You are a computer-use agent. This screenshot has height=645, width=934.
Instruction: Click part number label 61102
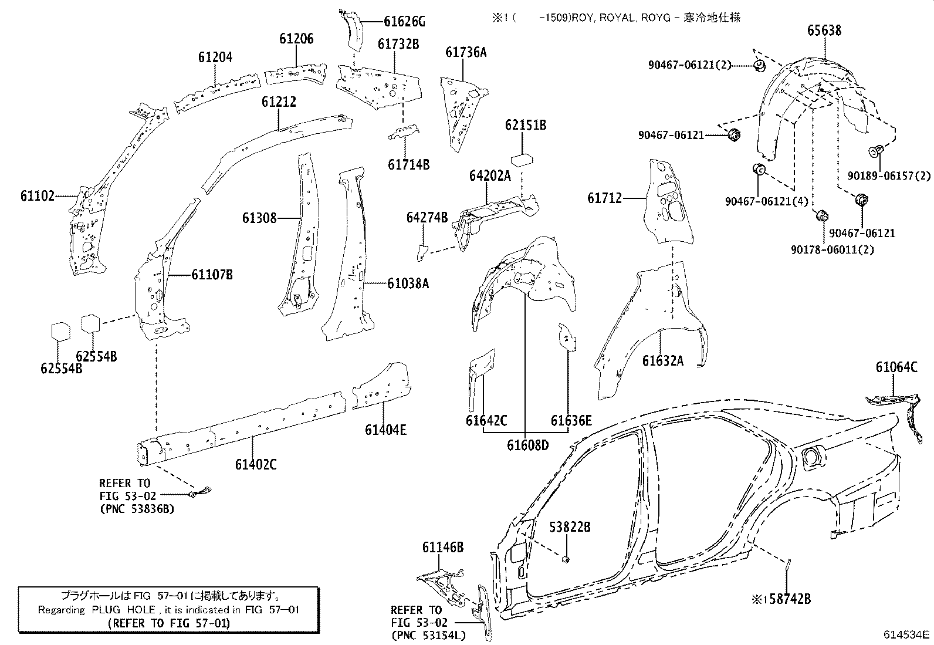click(x=37, y=197)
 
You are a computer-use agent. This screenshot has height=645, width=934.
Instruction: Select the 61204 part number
click(x=215, y=58)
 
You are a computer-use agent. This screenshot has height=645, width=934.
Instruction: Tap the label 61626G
click(x=404, y=22)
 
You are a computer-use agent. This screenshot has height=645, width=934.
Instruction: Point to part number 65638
click(x=824, y=31)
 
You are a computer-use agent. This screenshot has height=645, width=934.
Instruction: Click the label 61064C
click(x=896, y=367)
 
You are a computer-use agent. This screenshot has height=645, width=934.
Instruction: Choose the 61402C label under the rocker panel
click(x=256, y=465)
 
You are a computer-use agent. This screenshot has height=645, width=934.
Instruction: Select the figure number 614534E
click(x=907, y=635)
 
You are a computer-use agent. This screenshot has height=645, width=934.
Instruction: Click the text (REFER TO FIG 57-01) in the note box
click(x=169, y=623)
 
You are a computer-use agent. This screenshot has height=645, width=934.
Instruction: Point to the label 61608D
click(x=528, y=445)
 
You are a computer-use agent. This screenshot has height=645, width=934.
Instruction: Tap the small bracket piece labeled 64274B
click(x=421, y=251)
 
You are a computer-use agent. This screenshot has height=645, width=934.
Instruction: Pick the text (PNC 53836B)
click(x=137, y=509)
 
